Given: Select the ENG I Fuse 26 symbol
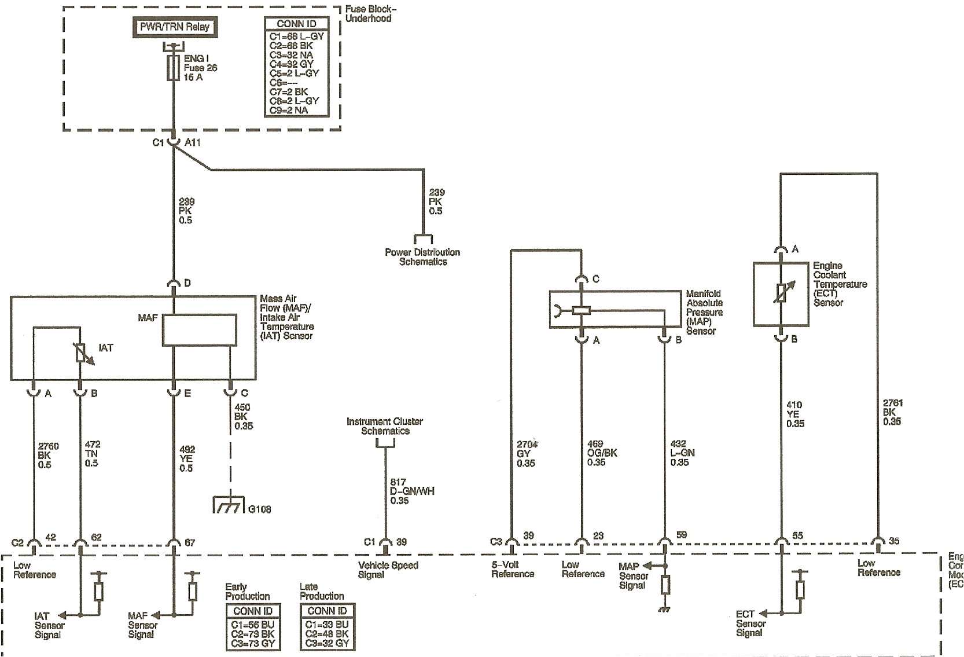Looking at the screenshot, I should click(x=172, y=68).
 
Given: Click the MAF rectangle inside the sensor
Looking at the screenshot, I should click(x=199, y=331).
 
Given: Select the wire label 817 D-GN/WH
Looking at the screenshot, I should click(x=411, y=491).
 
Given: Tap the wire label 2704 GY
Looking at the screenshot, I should click(x=526, y=454).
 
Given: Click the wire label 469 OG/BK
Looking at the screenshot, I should click(x=602, y=453).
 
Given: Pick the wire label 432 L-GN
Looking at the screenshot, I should click(x=682, y=453).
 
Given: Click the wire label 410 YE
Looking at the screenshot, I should click(x=795, y=414).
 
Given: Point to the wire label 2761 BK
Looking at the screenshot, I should click(x=892, y=412).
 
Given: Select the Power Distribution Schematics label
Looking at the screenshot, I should click(x=422, y=256).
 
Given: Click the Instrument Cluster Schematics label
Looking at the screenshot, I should click(x=385, y=426).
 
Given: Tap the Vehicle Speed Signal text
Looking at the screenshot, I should click(x=388, y=570).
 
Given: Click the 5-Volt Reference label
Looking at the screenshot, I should click(x=512, y=569).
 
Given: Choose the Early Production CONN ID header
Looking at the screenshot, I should click(x=252, y=611).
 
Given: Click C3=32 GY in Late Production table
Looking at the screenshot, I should click(x=327, y=643).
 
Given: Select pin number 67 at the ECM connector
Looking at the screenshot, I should click(x=190, y=542).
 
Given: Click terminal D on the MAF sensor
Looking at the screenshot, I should click(x=187, y=283).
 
